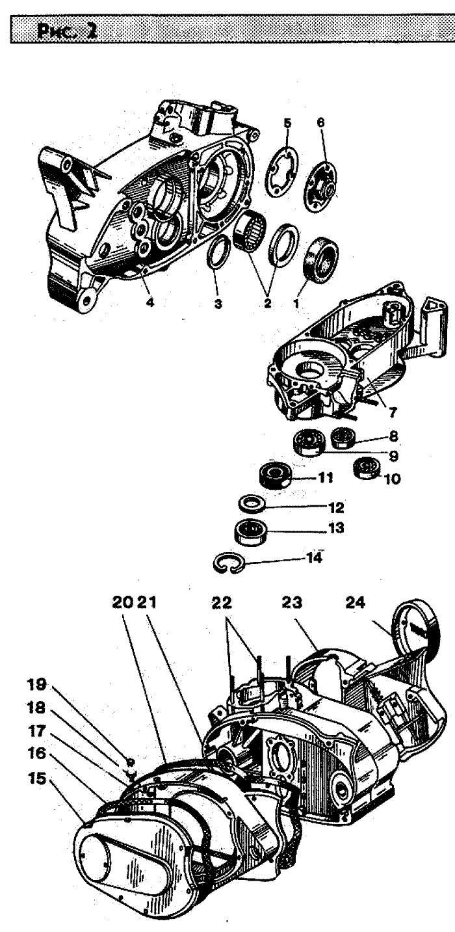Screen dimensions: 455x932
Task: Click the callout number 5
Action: [x=287, y=123]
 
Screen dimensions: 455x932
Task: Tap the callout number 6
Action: [x=320, y=122]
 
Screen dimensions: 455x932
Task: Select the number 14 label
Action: [x=314, y=558]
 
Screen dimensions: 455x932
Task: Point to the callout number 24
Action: [x=355, y=602]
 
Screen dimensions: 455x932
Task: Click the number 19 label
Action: [x=36, y=684]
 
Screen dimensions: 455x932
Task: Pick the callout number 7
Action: [x=392, y=412]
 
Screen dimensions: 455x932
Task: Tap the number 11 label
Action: [x=326, y=477]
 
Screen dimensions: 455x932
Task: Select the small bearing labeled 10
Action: [x=366, y=467]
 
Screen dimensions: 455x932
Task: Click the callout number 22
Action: [x=221, y=602]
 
